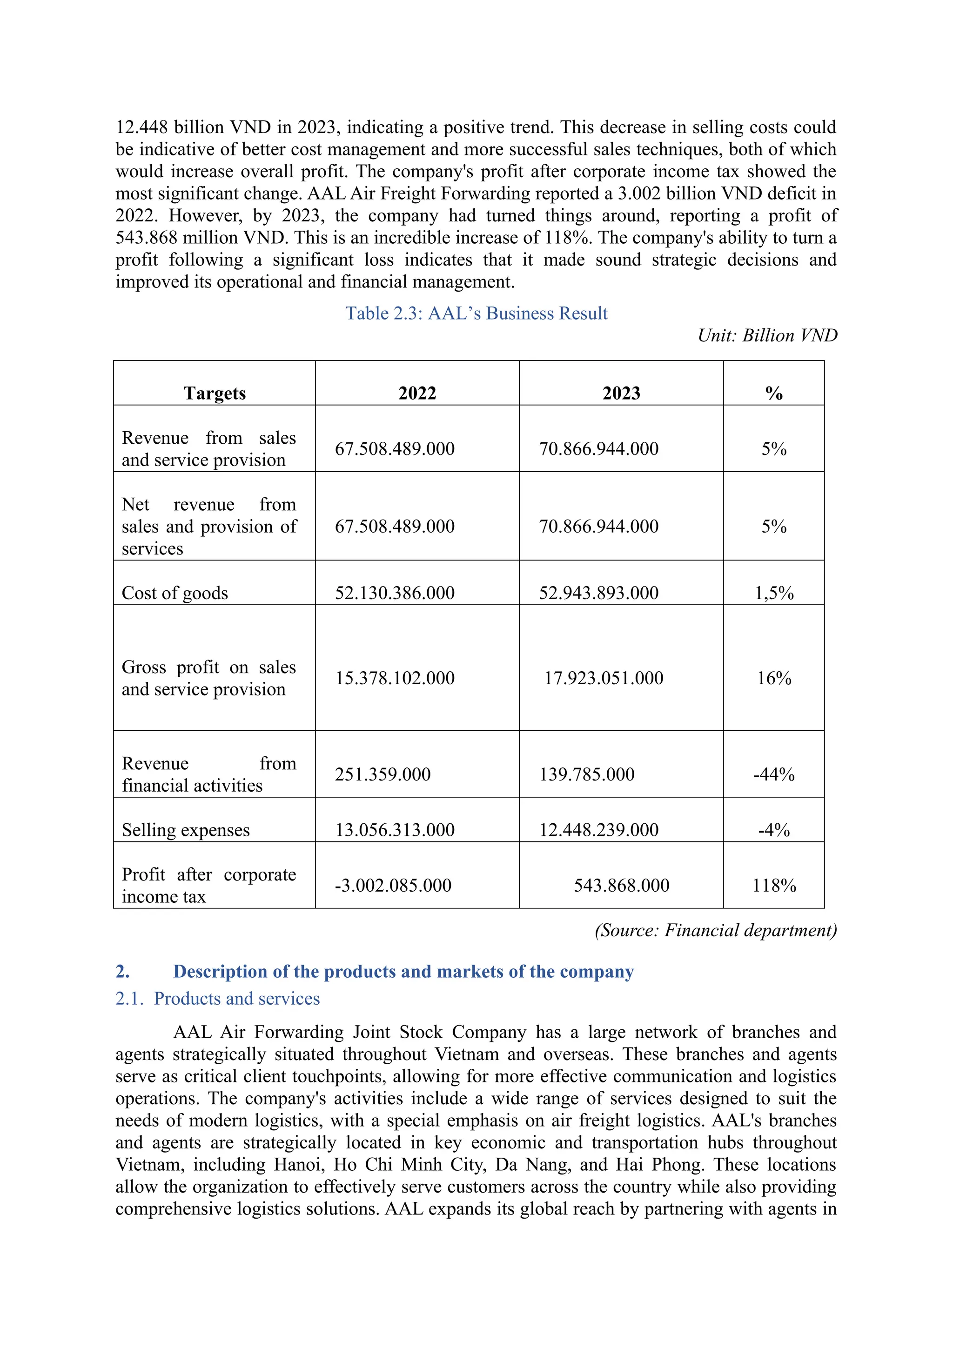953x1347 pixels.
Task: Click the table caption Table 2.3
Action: coord(476,313)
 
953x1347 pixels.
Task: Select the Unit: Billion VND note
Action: coord(767,335)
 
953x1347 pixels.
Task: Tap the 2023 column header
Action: coord(621,393)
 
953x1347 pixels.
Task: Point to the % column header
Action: coord(773,393)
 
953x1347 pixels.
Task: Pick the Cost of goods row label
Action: coord(175,593)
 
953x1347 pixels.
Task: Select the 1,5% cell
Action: coord(773,593)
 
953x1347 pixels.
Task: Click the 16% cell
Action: coord(773,678)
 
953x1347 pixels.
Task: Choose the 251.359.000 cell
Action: coord(383,774)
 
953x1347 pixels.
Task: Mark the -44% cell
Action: coord(773,774)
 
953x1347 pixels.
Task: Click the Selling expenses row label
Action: coord(186,830)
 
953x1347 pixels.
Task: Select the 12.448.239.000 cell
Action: coord(598,830)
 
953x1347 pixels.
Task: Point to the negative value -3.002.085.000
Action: coord(393,885)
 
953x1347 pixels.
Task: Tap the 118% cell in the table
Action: coord(773,885)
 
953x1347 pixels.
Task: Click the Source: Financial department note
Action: coord(715,930)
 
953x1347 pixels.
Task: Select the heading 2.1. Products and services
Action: coord(218,999)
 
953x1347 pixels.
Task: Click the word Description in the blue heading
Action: coord(220,972)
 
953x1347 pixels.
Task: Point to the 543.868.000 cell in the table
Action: coord(621,885)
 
